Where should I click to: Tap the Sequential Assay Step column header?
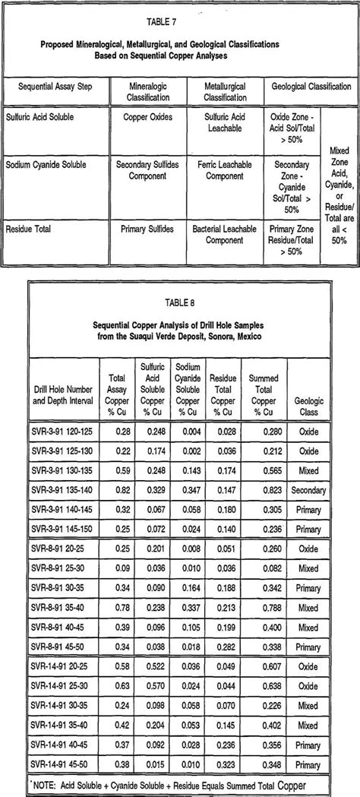(55, 87)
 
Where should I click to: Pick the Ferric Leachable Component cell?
(225, 169)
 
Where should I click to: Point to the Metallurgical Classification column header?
(225, 91)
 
